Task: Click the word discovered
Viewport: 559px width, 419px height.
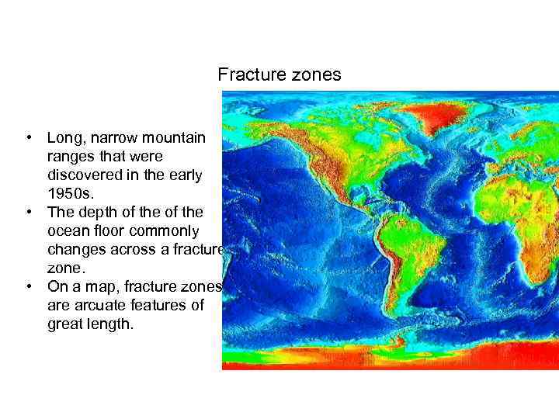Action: coord(85,175)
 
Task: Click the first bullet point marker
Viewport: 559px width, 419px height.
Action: coord(28,138)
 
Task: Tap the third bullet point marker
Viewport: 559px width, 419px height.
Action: coord(28,286)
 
